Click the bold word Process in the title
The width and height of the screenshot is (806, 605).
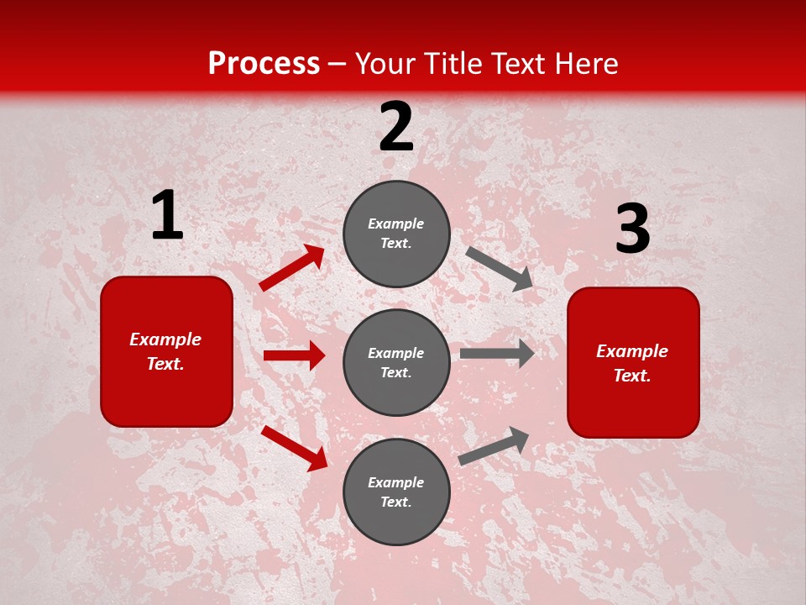[264, 64]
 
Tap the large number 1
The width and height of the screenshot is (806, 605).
[167, 216]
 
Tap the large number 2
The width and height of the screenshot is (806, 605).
[396, 127]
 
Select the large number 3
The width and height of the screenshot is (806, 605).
[632, 229]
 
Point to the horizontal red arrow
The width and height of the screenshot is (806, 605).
[294, 355]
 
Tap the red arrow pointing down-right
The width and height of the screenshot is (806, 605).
[294, 447]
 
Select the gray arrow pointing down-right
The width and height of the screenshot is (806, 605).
[499, 268]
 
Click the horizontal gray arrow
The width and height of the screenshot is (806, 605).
[496, 354]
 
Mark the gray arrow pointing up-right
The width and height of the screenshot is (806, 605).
[494, 446]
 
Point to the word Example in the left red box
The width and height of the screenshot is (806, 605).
[165, 339]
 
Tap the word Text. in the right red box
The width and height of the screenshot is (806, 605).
[632, 376]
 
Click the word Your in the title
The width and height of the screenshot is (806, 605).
[385, 64]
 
